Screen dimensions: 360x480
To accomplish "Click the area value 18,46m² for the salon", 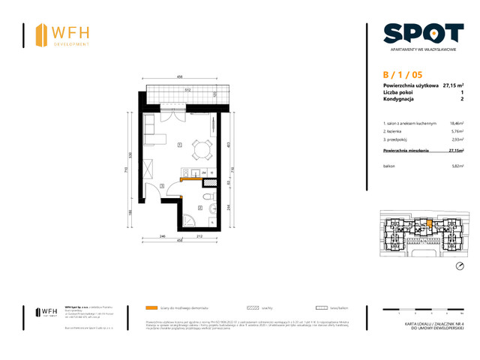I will coord(456,123).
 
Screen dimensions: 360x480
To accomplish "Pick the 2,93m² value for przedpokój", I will coord(456,139).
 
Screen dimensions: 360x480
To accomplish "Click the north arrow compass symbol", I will coord(460,266).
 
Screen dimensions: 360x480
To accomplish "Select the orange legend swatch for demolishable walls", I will coord(152,308).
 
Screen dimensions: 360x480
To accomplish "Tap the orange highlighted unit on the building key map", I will coord(428,222).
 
